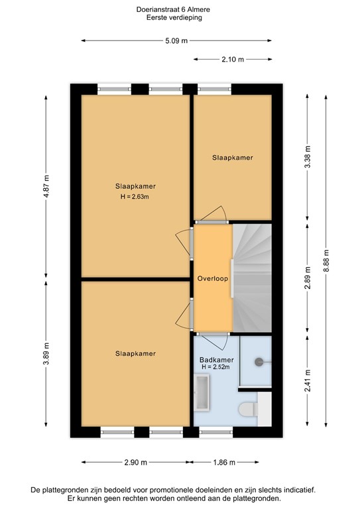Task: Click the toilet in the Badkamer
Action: click(x=249, y=410)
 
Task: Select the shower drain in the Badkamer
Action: click(x=259, y=362)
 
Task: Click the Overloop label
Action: click(x=213, y=278)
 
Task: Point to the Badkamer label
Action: click(x=217, y=360)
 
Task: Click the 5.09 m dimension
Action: click(x=176, y=41)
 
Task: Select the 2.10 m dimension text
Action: click(x=233, y=60)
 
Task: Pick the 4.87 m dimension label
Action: click(x=46, y=186)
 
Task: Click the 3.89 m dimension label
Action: click(x=46, y=353)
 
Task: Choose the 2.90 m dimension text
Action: click(x=136, y=462)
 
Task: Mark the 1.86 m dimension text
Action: click(x=224, y=462)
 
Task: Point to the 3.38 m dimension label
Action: click(x=308, y=157)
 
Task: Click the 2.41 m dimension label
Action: click(x=308, y=380)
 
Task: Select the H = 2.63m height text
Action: click(x=135, y=196)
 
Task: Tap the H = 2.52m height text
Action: click(x=215, y=367)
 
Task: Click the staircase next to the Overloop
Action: click(x=252, y=278)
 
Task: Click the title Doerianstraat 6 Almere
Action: click(x=173, y=9)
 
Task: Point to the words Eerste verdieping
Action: click(x=174, y=17)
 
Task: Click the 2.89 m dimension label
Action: click(x=308, y=278)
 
